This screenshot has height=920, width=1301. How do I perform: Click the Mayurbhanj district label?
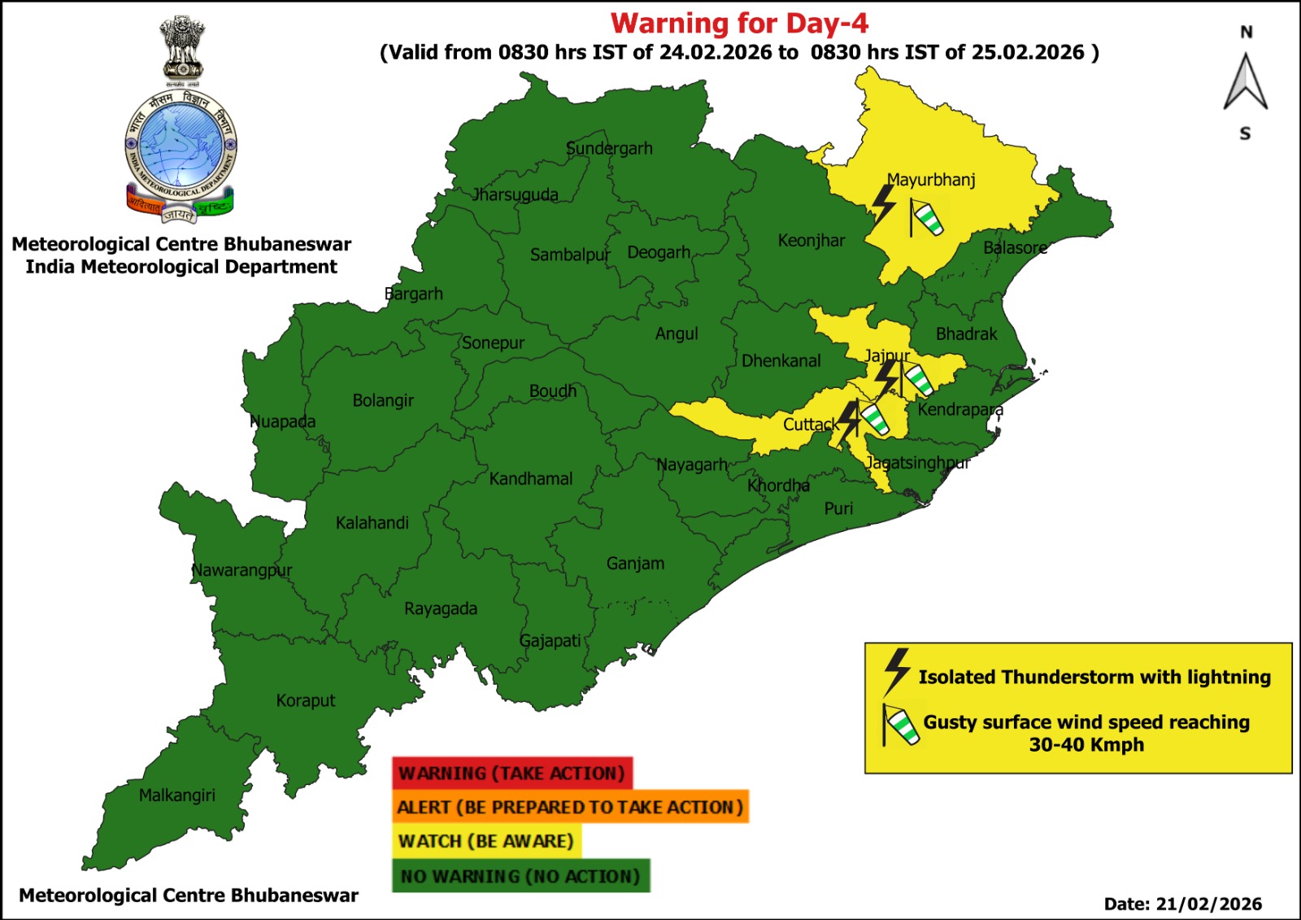(930, 180)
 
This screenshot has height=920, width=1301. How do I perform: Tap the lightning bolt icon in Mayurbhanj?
(883, 204)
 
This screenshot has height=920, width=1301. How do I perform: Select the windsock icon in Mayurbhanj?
(925, 218)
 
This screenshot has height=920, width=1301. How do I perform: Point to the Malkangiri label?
(176, 795)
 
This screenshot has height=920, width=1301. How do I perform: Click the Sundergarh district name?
(609, 148)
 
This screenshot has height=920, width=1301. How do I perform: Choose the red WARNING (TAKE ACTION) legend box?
(512, 773)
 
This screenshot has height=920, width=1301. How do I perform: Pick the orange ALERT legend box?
(570, 807)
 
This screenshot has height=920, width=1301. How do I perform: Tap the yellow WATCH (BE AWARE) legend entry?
(486, 841)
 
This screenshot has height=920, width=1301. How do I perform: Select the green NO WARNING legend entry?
(520, 876)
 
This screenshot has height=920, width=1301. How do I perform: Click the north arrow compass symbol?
(1245, 81)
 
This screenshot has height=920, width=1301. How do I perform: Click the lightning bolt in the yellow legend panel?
(896, 671)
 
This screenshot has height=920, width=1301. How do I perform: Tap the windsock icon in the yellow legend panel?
(901, 725)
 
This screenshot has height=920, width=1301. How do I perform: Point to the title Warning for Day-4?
(739, 23)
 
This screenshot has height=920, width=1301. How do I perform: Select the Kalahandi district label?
(372, 522)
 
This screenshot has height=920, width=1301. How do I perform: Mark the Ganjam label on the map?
(635, 563)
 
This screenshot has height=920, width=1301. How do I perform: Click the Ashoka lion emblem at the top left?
(181, 49)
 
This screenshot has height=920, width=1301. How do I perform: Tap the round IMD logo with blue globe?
(181, 146)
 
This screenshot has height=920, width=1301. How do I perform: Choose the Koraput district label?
(305, 700)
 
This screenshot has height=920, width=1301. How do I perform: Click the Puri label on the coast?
(838, 508)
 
